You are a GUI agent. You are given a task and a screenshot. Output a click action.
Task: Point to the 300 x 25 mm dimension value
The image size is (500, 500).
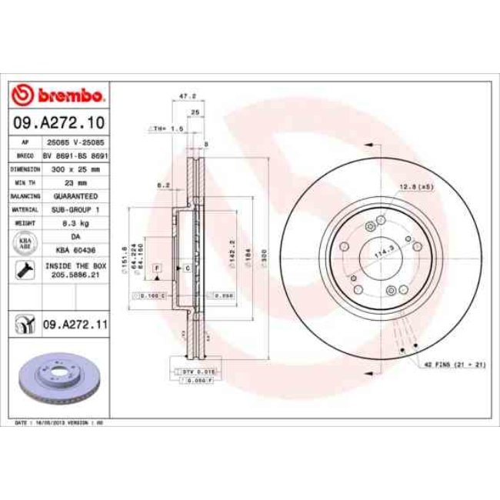coord(74,168)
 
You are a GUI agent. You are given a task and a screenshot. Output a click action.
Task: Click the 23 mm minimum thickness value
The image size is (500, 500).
coord(74,182)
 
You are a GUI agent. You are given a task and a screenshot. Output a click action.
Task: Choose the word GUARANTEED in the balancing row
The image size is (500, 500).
coord(74,196)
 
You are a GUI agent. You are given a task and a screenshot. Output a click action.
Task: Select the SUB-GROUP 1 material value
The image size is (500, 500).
coord(74,209)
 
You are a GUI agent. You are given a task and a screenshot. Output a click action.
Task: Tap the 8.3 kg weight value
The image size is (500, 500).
coord(74,223)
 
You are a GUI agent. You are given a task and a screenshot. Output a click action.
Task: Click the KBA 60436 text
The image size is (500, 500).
coord(75,251)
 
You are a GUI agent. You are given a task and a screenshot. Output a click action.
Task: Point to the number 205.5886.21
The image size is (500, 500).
coord(75,273)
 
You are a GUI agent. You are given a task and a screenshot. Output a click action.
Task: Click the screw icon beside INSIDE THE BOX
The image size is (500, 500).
coord(25,269)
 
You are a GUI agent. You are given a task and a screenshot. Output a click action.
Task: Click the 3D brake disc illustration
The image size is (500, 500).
coord(58,382)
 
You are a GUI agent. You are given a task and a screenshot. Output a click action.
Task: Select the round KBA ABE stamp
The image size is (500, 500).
coord(25,243)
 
